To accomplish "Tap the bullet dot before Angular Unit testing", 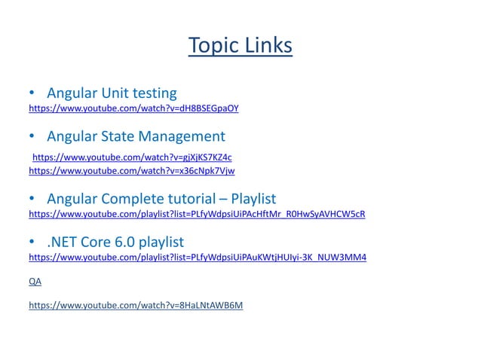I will click(32, 94).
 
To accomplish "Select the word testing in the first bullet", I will click(154, 93).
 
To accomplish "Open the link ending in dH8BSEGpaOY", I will click(133, 108).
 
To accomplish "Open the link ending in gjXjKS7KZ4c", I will click(132, 157).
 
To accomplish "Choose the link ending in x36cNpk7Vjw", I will click(131, 171).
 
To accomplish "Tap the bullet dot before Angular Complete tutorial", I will click(32, 200).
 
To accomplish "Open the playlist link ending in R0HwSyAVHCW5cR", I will click(197, 214).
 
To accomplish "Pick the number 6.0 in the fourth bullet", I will click(124, 243).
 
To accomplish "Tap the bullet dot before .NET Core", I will click(32, 243).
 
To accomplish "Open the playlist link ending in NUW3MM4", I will click(198, 258).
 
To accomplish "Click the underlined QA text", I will click(35, 281).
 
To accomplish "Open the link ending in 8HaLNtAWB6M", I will click(136, 305).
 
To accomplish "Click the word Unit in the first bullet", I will click(113, 93).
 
